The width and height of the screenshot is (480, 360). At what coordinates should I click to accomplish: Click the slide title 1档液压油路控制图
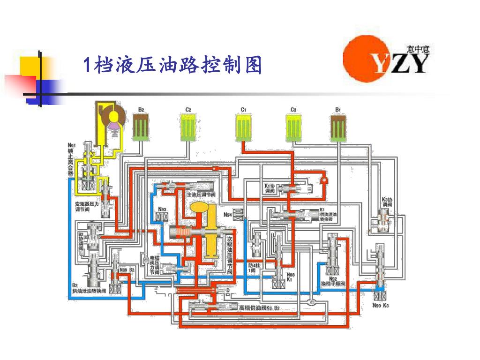(x=172, y=66)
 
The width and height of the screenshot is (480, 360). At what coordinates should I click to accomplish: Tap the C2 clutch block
(x=188, y=127)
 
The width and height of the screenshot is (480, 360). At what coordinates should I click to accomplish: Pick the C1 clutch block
(x=244, y=127)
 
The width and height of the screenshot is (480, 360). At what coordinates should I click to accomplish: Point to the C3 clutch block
(x=293, y=127)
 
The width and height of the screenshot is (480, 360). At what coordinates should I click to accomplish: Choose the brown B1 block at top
(x=337, y=127)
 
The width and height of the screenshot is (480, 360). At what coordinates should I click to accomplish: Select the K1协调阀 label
(x=269, y=187)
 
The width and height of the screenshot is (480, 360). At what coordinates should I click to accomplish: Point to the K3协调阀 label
(x=387, y=202)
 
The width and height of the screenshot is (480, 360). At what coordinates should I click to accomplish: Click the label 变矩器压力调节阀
(x=87, y=207)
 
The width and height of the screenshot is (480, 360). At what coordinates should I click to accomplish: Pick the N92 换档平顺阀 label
(x=333, y=282)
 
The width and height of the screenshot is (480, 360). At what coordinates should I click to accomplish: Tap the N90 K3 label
(x=381, y=306)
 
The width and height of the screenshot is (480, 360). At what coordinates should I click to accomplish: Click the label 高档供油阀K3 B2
(x=259, y=307)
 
